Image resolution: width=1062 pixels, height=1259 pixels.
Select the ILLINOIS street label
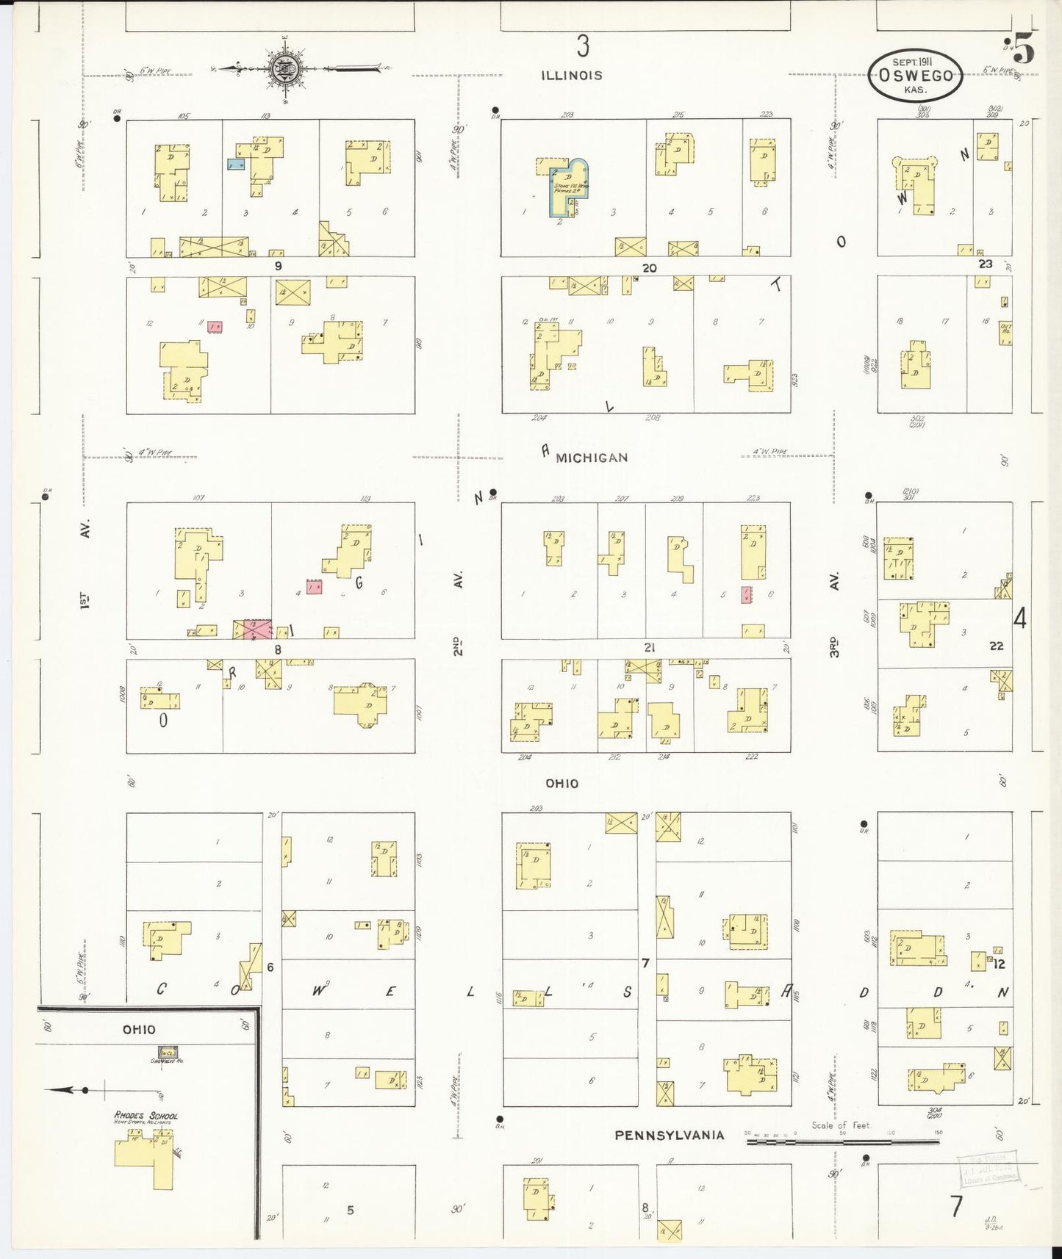[572, 75]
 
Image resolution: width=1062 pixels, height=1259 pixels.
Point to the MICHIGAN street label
[592, 458]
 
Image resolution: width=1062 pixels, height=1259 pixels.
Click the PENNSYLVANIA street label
[670, 1134]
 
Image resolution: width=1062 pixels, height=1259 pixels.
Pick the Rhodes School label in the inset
[146, 1116]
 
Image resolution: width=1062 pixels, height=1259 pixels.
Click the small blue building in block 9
[235, 165]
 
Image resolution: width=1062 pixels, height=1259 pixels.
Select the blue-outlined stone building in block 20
[566, 187]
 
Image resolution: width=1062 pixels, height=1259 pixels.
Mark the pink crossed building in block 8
[253, 629]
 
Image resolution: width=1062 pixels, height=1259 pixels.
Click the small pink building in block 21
[746, 594]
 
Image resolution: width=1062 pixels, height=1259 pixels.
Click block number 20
[649, 268]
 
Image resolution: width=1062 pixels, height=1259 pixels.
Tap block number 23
[985, 263]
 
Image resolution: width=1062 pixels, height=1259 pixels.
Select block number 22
[996, 646]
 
